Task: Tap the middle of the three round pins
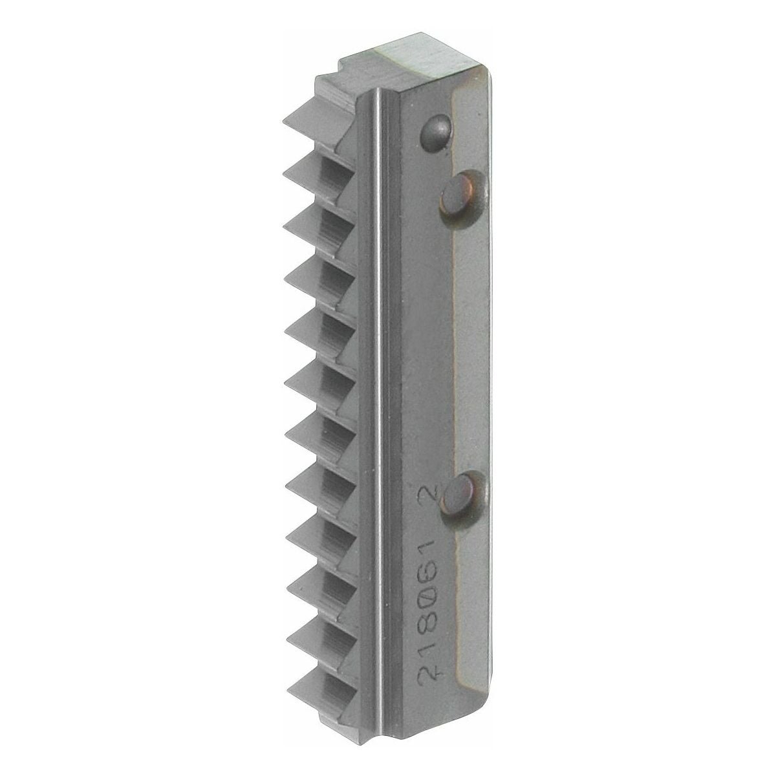460,192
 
